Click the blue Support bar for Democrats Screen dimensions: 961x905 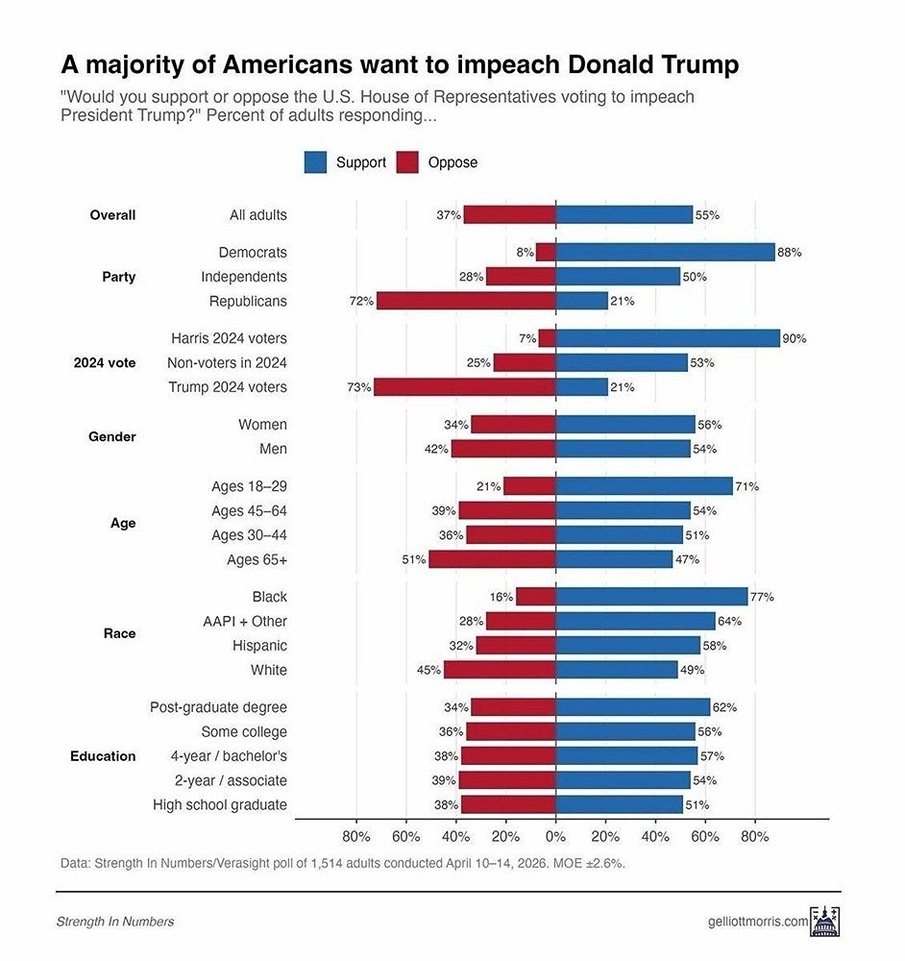665,252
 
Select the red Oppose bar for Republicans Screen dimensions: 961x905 466,301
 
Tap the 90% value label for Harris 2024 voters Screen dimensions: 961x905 795,338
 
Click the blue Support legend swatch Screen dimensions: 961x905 315,162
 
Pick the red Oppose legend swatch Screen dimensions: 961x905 407,162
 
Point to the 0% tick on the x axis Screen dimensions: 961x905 555,836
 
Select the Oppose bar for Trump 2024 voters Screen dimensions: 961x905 464,387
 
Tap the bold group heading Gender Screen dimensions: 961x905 112,436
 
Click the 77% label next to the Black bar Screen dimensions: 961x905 762,597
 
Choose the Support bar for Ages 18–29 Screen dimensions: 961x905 644,486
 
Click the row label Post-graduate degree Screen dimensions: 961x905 218,707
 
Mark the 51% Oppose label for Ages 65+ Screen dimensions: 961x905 414,559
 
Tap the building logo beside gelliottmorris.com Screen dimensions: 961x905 826,921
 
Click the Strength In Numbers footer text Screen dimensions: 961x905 115,922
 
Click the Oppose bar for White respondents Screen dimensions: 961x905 500,670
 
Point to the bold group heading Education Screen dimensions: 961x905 103,756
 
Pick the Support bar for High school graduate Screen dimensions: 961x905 619,804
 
